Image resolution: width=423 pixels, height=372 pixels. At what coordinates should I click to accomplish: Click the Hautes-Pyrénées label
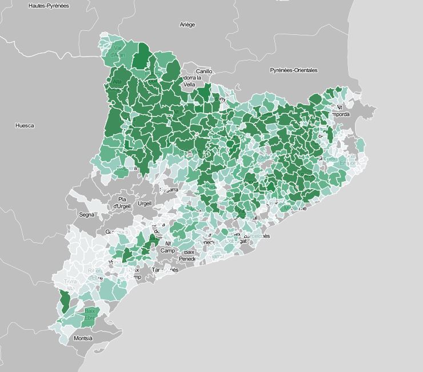pos(49,5)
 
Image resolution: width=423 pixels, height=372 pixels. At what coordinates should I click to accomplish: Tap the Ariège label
pos(187,25)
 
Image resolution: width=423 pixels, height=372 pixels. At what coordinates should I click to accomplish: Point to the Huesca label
pos(25,126)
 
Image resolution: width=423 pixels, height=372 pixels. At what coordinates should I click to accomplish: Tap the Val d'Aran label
pos(118,51)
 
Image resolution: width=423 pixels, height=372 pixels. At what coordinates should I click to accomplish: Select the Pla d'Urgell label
pos(122,203)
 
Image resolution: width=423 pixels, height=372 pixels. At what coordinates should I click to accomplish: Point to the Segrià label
pos(87,215)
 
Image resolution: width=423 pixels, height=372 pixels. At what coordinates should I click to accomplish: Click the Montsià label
pos(83,338)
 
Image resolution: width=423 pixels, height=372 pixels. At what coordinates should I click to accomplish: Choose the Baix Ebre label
pos(90,314)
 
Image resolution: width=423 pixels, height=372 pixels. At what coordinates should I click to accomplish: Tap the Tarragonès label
pos(166,270)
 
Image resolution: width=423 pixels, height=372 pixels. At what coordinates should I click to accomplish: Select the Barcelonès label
pos(257,236)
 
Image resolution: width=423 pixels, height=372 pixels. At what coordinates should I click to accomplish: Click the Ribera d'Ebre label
pos(95,274)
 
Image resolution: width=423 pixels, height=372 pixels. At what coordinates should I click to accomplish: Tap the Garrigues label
pos(117,232)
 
